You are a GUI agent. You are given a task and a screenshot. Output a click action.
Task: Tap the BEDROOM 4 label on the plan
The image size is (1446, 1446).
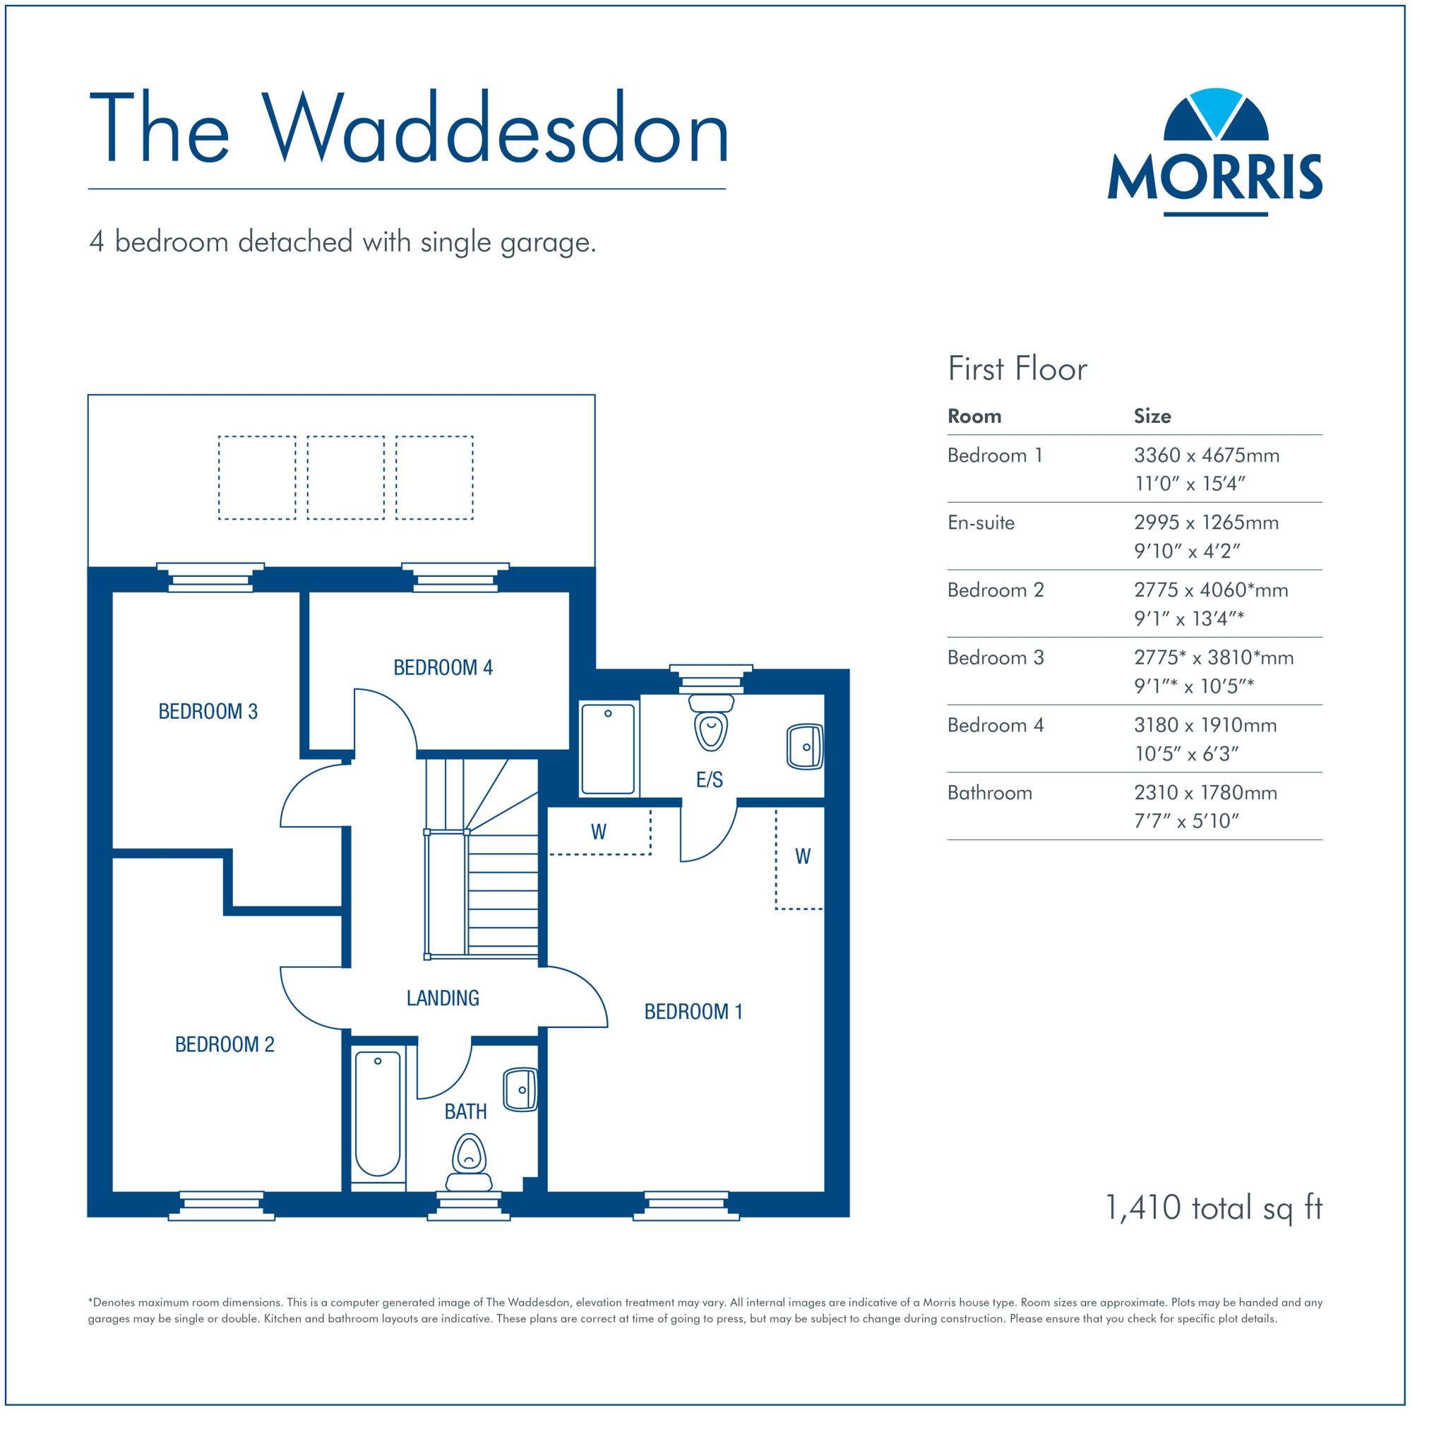[443, 668]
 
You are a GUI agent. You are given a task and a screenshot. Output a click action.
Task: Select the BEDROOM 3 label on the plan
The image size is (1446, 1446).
[208, 712]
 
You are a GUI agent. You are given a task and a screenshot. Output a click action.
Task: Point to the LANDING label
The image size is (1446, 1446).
[442, 998]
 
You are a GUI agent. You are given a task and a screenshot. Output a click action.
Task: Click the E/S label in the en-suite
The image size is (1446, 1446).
[710, 780]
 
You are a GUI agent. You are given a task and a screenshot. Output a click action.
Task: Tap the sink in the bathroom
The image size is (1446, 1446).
[520, 1089]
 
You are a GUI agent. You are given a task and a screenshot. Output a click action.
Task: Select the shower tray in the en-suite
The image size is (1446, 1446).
[609, 748]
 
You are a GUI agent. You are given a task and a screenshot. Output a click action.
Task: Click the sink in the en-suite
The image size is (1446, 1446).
[805, 746]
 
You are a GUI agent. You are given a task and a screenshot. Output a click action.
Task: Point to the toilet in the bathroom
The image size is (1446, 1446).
[469, 1164]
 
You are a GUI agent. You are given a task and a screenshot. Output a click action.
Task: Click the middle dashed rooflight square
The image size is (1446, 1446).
[346, 477]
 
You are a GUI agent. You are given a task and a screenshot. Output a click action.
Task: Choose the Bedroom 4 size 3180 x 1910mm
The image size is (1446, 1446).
[1205, 725]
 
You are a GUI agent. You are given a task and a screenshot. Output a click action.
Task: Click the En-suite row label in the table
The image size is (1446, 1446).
[981, 522]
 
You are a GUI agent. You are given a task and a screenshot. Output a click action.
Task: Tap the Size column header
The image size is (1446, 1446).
[1152, 416]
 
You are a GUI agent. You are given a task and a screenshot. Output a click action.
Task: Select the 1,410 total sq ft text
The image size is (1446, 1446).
[1213, 1207]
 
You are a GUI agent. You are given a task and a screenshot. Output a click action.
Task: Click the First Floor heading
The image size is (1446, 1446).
[1017, 369]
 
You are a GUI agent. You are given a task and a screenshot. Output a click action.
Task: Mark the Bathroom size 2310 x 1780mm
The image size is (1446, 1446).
[1205, 793]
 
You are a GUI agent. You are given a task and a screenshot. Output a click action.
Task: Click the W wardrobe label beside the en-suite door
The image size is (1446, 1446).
[599, 832]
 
